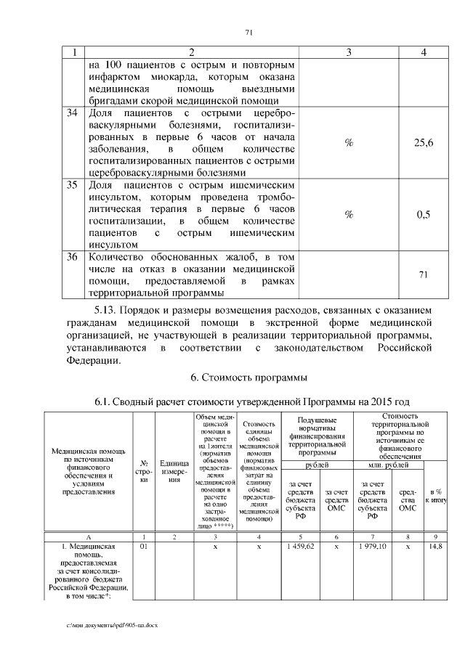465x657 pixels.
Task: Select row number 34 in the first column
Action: [x=72, y=113]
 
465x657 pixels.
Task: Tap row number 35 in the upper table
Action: [x=72, y=185]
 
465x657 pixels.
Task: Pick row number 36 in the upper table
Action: [x=72, y=256]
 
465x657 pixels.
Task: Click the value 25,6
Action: [x=424, y=144]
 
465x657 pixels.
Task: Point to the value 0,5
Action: [x=424, y=215]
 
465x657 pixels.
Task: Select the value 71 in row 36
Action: [x=424, y=274]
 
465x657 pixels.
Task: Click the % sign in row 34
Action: [x=349, y=144]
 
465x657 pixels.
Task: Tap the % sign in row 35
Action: [x=349, y=215]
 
